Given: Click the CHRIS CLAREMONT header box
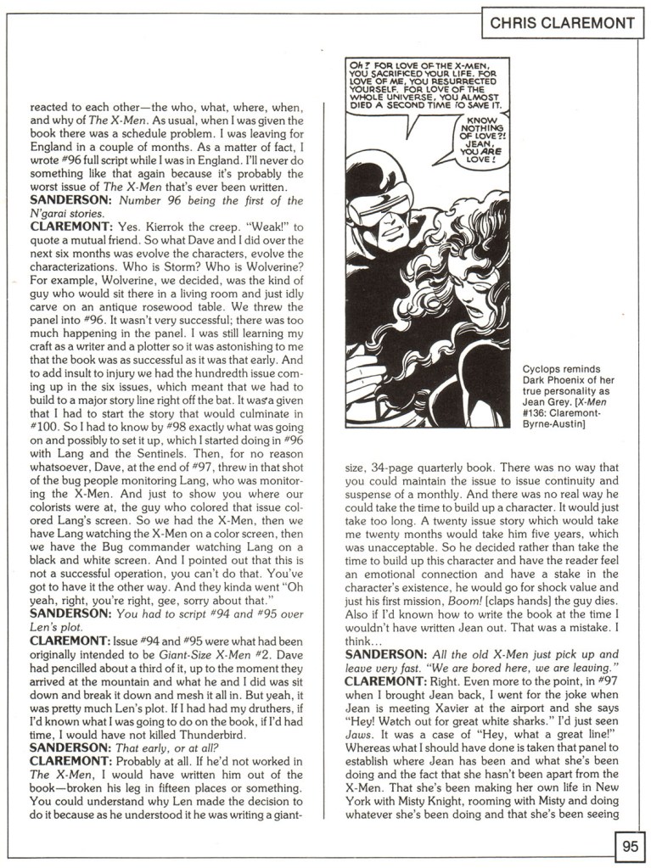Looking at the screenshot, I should pos(562,23).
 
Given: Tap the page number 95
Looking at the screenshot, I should pos(629,846).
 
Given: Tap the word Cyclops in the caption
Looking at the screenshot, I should pos(545,370).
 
